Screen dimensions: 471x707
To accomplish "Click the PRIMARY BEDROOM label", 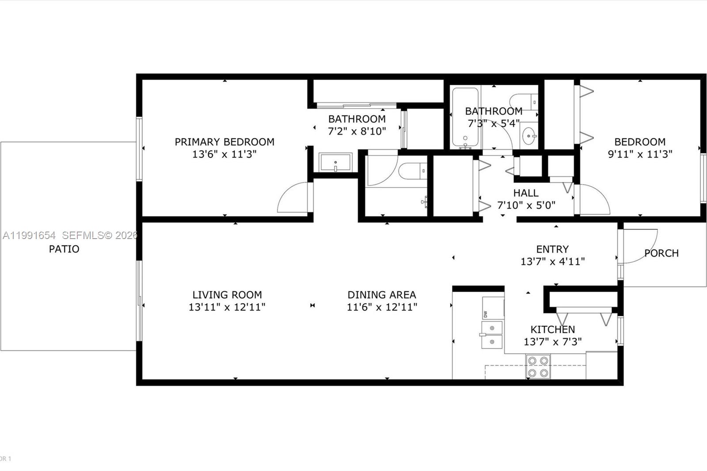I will (224, 142).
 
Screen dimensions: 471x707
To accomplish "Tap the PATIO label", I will (64, 249).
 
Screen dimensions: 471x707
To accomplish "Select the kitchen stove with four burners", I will (538, 367).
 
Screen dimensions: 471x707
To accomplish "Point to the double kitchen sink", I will (492, 334).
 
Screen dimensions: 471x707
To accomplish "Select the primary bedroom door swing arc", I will (292, 198).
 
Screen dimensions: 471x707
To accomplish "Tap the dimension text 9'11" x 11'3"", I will (640, 154).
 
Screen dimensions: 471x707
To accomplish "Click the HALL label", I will (526, 193).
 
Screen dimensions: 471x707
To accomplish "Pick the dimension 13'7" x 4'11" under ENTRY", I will (552, 262).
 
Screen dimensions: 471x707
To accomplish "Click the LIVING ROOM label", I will (227, 295).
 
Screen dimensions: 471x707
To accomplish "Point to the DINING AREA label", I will (382, 295).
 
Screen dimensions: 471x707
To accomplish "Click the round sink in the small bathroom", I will (528, 136).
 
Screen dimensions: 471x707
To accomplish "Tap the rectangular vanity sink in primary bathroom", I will (335, 163).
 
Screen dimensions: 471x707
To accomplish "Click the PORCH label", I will (661, 253).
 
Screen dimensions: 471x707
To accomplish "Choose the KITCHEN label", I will (552, 329).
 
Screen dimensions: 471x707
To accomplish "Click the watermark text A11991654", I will (29, 235).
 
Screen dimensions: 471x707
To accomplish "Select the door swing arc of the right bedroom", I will (595, 200).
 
